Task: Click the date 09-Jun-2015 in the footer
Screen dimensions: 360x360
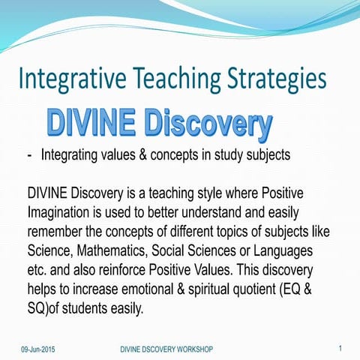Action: point(37,349)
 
